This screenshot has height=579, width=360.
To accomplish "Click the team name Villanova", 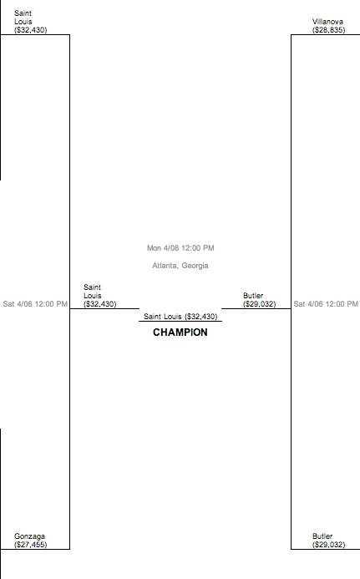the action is coord(327,22).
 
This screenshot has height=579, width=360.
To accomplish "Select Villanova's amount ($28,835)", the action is coord(328,30).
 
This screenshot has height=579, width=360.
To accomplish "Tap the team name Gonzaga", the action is coord(29,536).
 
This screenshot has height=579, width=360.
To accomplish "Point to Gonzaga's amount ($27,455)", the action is coord(31,545).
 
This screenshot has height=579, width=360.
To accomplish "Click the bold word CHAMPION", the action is coord(180,333).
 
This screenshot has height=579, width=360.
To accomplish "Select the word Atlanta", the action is coord(165,266).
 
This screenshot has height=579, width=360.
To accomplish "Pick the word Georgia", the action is coord(195,266).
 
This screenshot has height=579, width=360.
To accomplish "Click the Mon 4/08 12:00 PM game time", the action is coord(180,248).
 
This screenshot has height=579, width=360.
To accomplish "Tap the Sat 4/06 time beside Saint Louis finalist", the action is coord(35,304).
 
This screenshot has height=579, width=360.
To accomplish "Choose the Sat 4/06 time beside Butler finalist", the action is coord(326,304).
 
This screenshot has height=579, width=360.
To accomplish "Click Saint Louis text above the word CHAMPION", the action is coord(163,317).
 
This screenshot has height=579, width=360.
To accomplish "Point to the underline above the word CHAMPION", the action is coord(180,322).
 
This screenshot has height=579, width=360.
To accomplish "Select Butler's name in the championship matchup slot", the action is coord(253,296).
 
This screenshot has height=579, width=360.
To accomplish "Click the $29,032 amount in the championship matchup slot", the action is coord(259,304).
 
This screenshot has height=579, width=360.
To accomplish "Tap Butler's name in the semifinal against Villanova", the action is coord(322,536).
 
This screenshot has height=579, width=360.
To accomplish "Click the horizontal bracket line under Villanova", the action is coord(325,35).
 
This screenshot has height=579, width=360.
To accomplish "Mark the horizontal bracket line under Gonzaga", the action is coord(35,549).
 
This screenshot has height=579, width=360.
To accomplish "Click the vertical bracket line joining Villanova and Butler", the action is coord(291,292).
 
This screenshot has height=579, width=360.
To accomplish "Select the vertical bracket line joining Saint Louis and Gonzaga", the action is coord(70,292).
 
